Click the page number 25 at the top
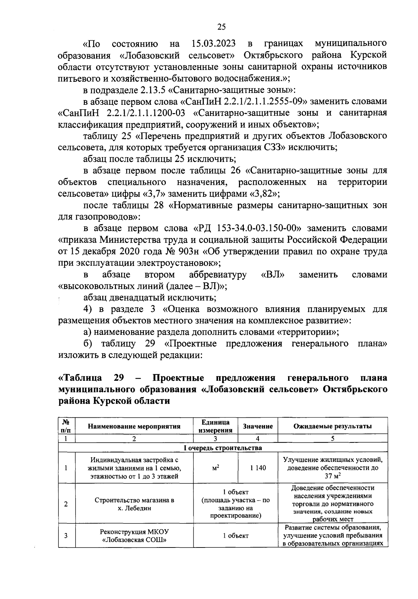click(x=222, y=27)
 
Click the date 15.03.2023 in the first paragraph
click(x=214, y=44)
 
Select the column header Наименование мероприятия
click(x=134, y=426)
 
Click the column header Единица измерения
click(x=216, y=426)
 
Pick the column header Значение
click(x=258, y=426)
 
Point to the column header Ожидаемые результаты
click(x=333, y=426)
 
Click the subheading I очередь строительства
click(x=223, y=448)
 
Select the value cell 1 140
click(x=258, y=468)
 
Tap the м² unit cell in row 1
click(x=216, y=468)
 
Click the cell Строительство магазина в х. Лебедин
click(x=134, y=504)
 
